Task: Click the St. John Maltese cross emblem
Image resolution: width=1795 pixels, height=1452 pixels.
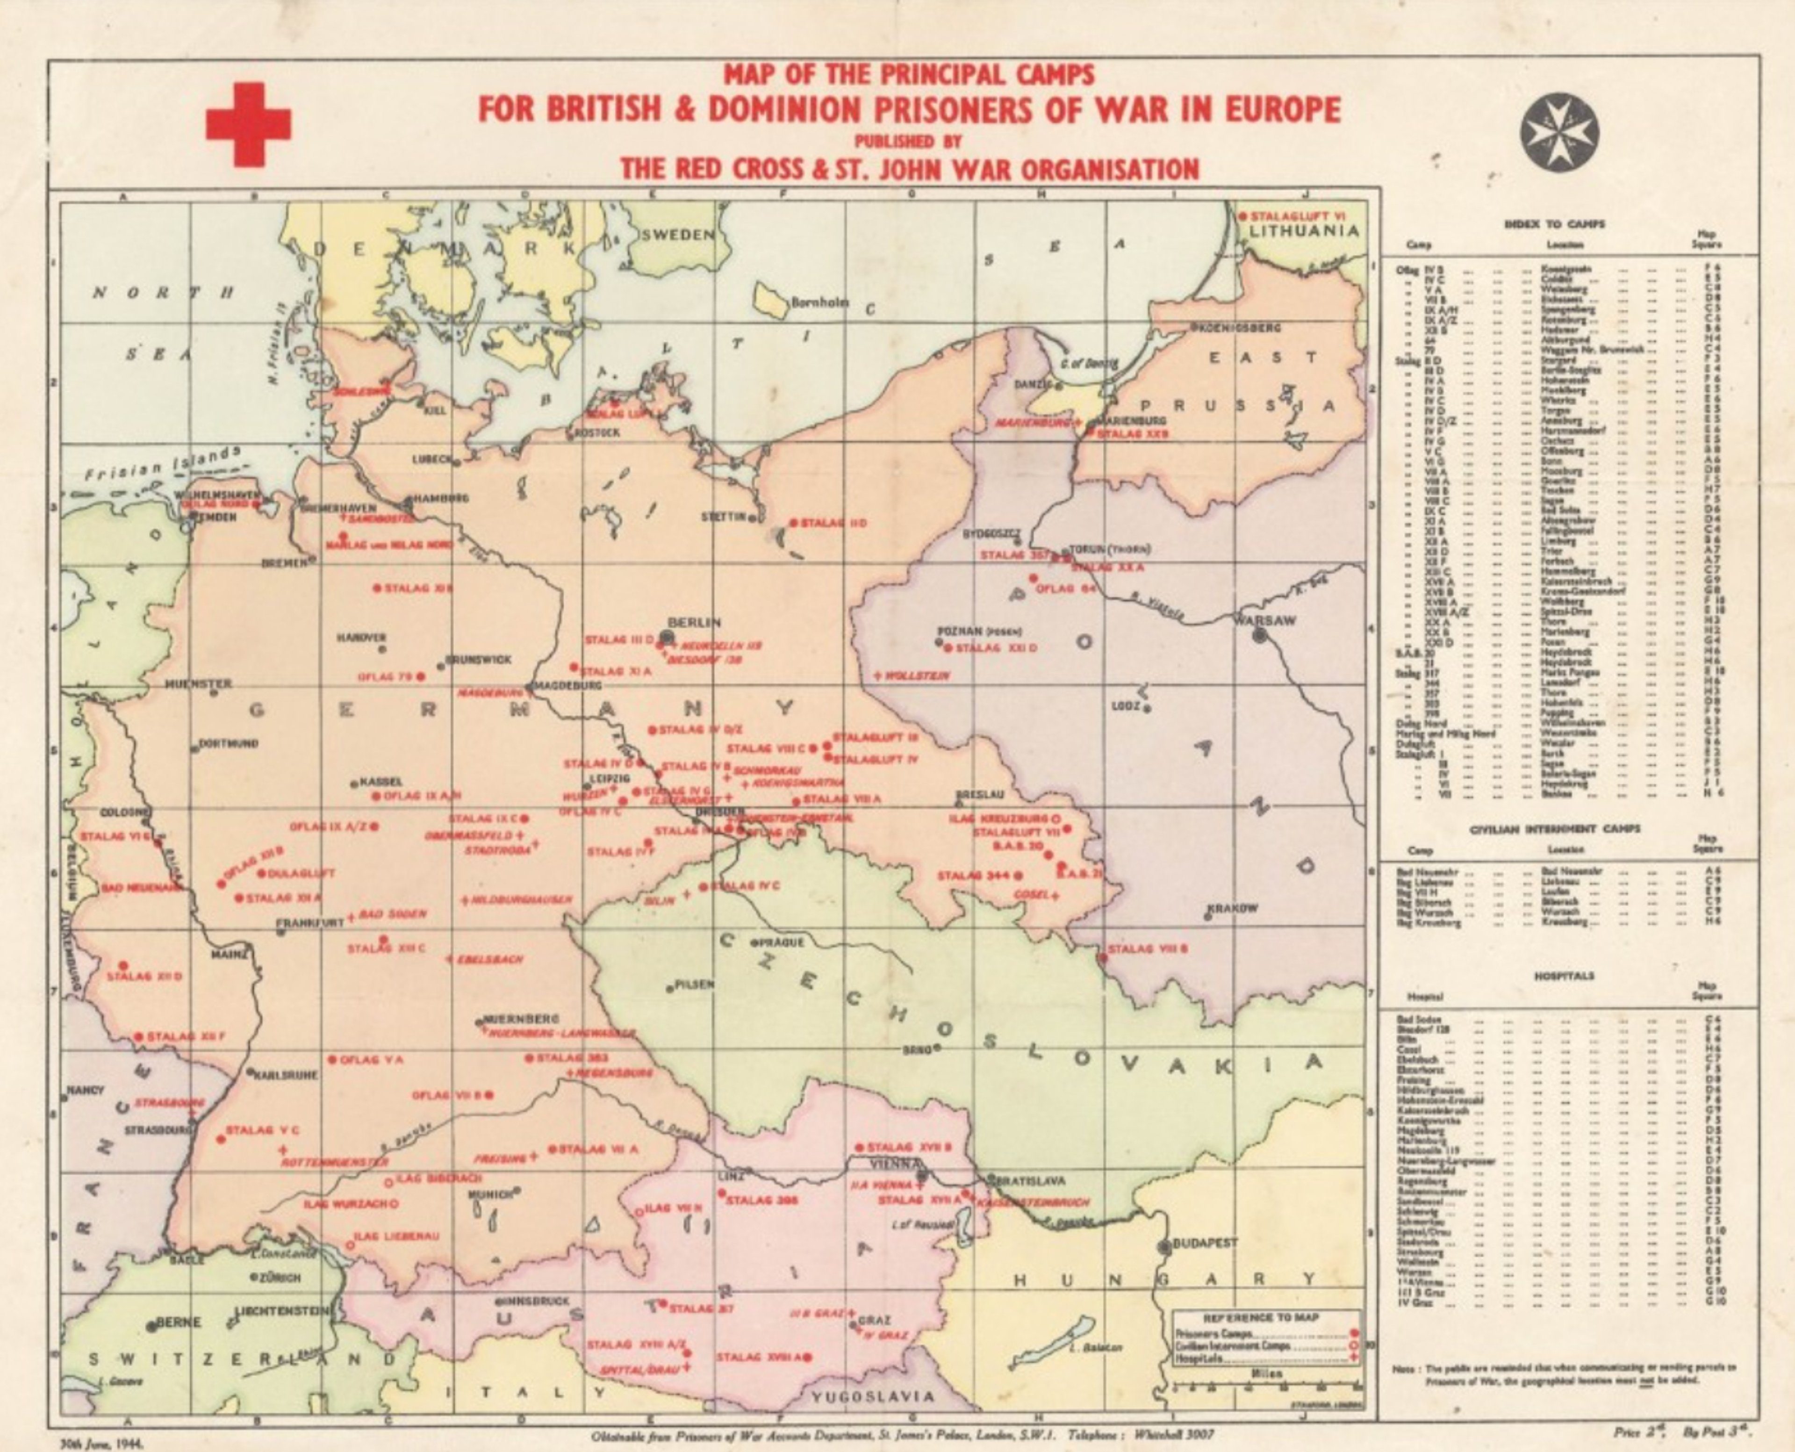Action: (x=1558, y=132)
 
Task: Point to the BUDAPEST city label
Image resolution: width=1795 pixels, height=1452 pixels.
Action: (x=1205, y=1243)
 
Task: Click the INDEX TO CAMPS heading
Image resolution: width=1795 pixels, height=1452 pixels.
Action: (x=1554, y=224)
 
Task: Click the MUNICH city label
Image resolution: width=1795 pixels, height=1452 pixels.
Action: (x=494, y=1194)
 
